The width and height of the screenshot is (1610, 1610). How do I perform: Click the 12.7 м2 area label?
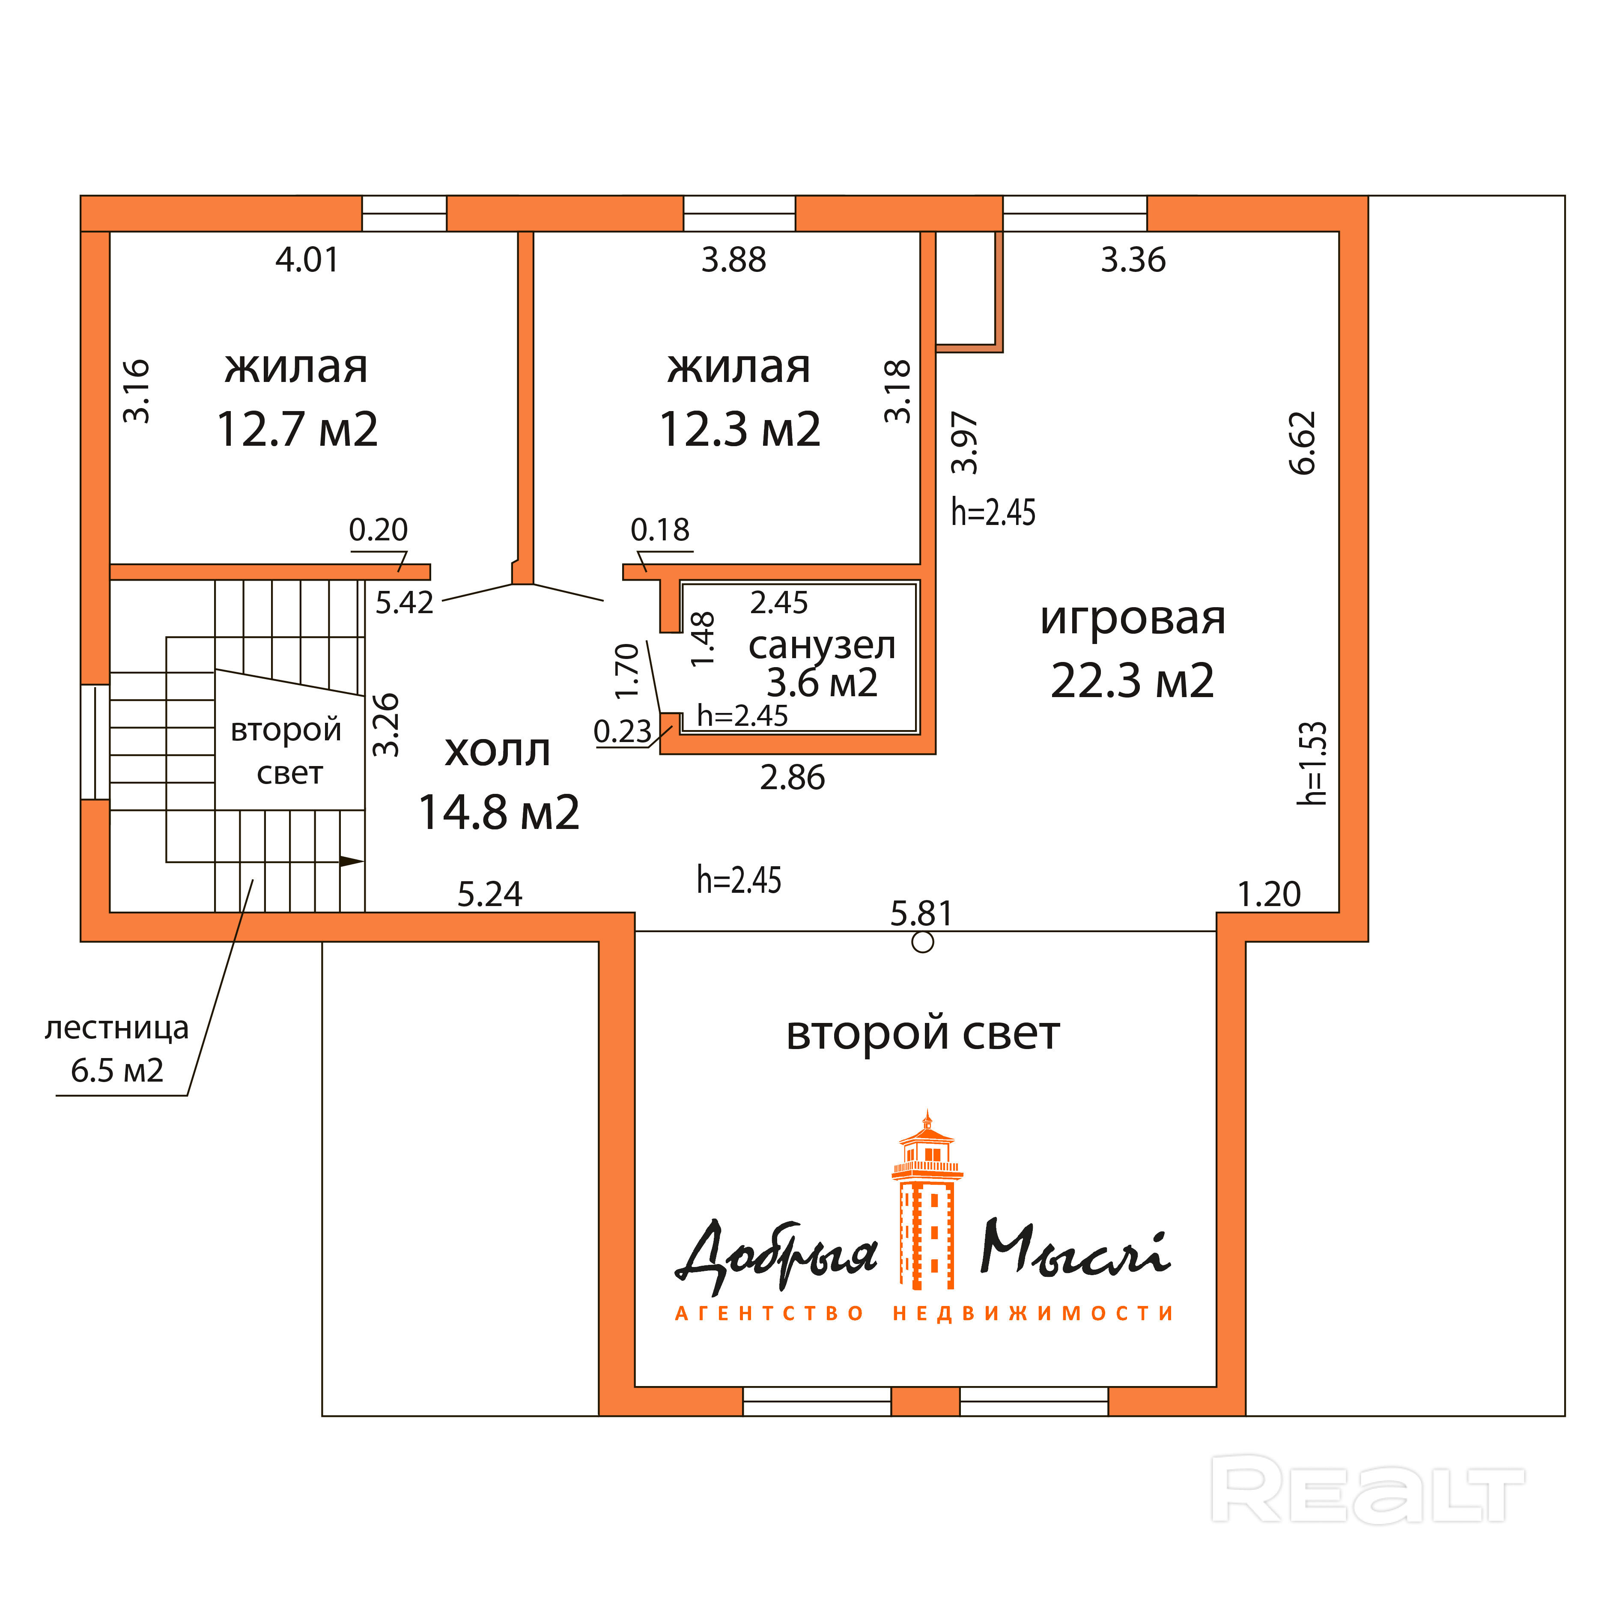pos(298,430)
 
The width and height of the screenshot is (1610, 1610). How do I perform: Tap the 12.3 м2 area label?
pos(740,430)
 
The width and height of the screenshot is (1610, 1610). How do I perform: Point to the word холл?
pos(498,751)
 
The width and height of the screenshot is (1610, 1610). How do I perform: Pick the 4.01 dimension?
pos(307,260)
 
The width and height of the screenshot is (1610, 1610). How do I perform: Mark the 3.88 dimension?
pos(733,260)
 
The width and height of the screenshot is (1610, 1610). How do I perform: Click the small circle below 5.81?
pos(922,942)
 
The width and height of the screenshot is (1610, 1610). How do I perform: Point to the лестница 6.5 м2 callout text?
pos(116,1049)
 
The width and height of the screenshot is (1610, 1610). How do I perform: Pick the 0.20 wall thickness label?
pos(379,530)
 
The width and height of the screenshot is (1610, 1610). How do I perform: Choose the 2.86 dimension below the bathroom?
pos(793,778)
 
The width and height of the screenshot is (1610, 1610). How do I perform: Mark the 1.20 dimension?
pos(1269,895)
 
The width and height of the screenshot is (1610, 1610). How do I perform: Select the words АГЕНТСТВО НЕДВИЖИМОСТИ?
pos(924,1314)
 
